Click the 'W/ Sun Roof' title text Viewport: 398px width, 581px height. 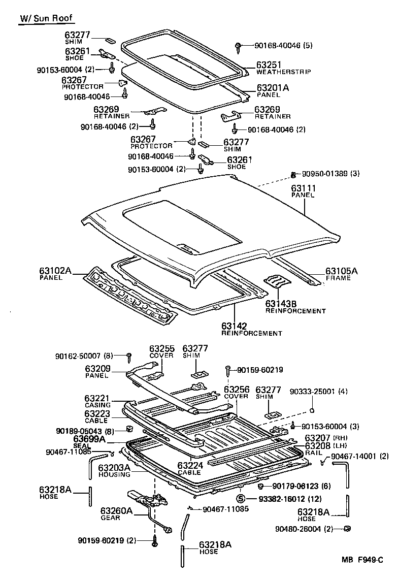pos(46,19)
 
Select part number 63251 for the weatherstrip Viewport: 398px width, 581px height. pos(268,66)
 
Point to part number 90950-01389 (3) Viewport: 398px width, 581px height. pos(330,174)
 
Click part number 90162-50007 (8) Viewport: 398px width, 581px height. pos(84,356)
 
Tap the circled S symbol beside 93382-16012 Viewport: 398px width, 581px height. pos(241,499)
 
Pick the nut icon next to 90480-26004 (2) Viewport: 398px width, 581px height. pos(348,529)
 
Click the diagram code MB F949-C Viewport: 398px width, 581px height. pos(362,560)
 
